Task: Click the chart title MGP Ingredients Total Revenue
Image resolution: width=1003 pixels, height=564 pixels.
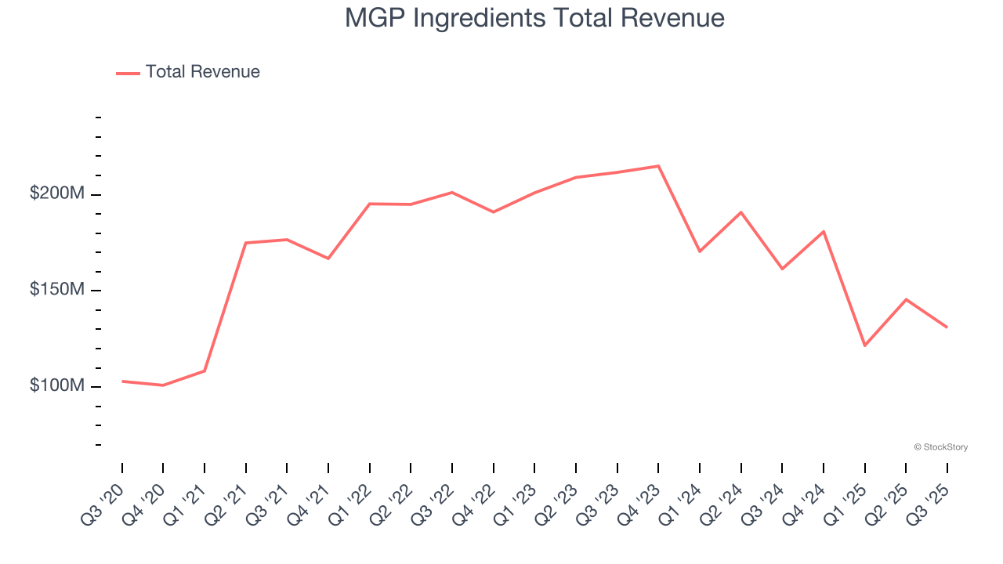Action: (x=534, y=18)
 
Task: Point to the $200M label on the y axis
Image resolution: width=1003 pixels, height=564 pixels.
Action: (x=56, y=193)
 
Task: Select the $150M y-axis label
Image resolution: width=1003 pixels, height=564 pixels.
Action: (x=56, y=290)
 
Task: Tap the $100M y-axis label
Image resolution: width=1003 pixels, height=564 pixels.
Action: (x=56, y=386)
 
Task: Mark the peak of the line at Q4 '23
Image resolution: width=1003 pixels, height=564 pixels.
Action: (x=658, y=166)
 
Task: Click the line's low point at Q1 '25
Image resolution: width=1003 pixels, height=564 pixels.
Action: (x=864, y=345)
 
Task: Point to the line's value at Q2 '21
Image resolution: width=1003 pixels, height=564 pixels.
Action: (x=246, y=243)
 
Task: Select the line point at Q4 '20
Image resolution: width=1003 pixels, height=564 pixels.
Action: (x=163, y=385)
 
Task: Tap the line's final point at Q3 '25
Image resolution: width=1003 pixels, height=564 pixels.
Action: (x=947, y=327)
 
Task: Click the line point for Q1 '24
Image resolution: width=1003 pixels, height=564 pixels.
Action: (x=699, y=251)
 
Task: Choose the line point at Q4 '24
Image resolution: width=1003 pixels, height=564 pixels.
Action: (x=824, y=231)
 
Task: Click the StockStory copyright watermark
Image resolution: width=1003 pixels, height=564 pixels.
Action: (x=940, y=447)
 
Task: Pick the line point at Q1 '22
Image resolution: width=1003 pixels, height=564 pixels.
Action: (x=369, y=204)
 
